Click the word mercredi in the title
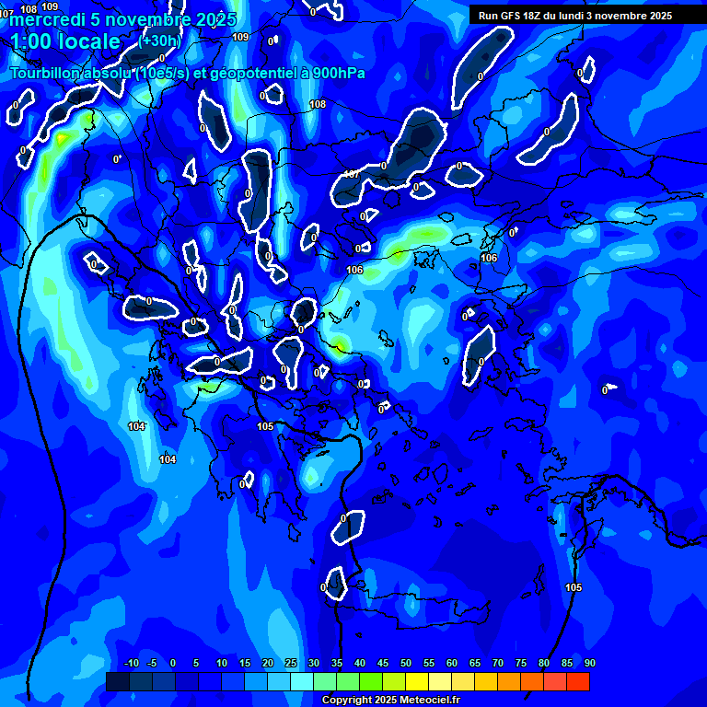[44, 19]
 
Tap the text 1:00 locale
[65, 41]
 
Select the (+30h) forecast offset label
[160, 41]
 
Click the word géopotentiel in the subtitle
[250, 74]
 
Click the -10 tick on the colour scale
[131, 663]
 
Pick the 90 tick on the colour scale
[589, 663]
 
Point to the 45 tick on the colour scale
[406, 663]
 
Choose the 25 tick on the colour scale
[291, 663]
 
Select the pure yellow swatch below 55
[416, 681]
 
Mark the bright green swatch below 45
[370, 681]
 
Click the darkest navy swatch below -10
[117, 681]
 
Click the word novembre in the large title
[141, 19]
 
